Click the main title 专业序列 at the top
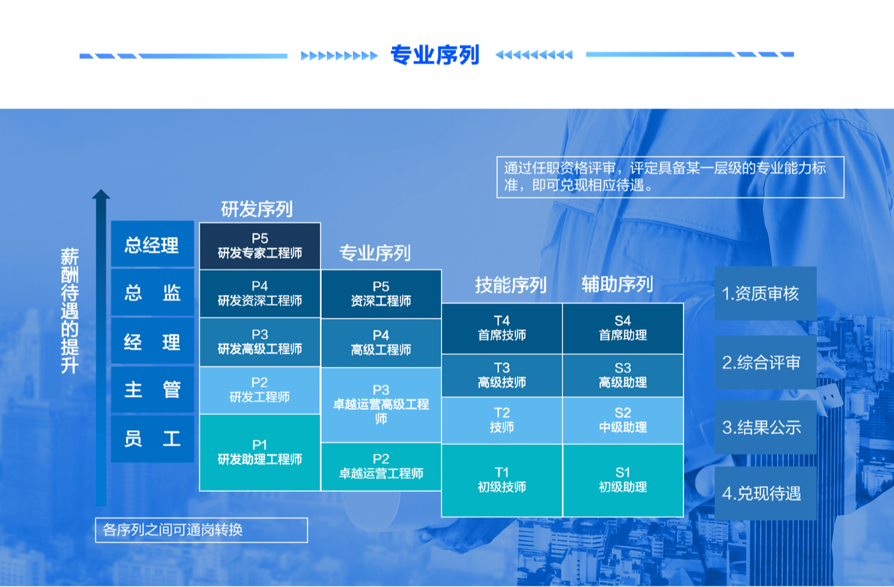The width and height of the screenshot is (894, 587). coord(435,55)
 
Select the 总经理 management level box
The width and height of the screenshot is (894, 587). coord(153,244)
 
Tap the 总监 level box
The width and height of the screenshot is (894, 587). coord(153,293)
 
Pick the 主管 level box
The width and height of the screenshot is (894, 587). coord(153,390)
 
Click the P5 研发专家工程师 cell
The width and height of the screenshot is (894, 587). coord(260,246)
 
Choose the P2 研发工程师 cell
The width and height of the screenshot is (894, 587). coord(260,390)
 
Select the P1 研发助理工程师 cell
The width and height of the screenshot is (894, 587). coord(260,452)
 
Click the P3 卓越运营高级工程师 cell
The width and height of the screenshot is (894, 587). coord(381,405)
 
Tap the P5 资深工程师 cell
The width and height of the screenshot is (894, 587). coord(381,294)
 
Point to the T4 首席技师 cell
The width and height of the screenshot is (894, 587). coord(502,328)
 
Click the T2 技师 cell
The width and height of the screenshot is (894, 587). coord(502,420)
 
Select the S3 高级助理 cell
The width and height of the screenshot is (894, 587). coord(623,375)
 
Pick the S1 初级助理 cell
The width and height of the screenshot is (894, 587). coord(623,480)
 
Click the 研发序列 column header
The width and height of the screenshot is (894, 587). coord(257,209)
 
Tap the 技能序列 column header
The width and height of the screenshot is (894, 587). coord(511,285)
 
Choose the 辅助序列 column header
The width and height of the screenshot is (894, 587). coord(617,284)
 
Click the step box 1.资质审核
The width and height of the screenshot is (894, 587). coord(765,293)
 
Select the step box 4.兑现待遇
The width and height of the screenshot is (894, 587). coord(765,493)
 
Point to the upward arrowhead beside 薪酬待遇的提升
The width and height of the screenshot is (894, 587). coord(101,194)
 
